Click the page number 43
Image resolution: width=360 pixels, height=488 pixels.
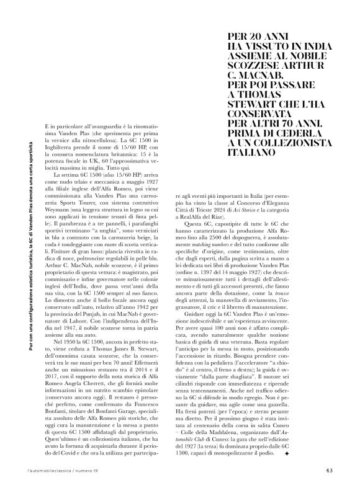[330, 469]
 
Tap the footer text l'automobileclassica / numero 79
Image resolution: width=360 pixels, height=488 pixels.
[65, 469]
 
